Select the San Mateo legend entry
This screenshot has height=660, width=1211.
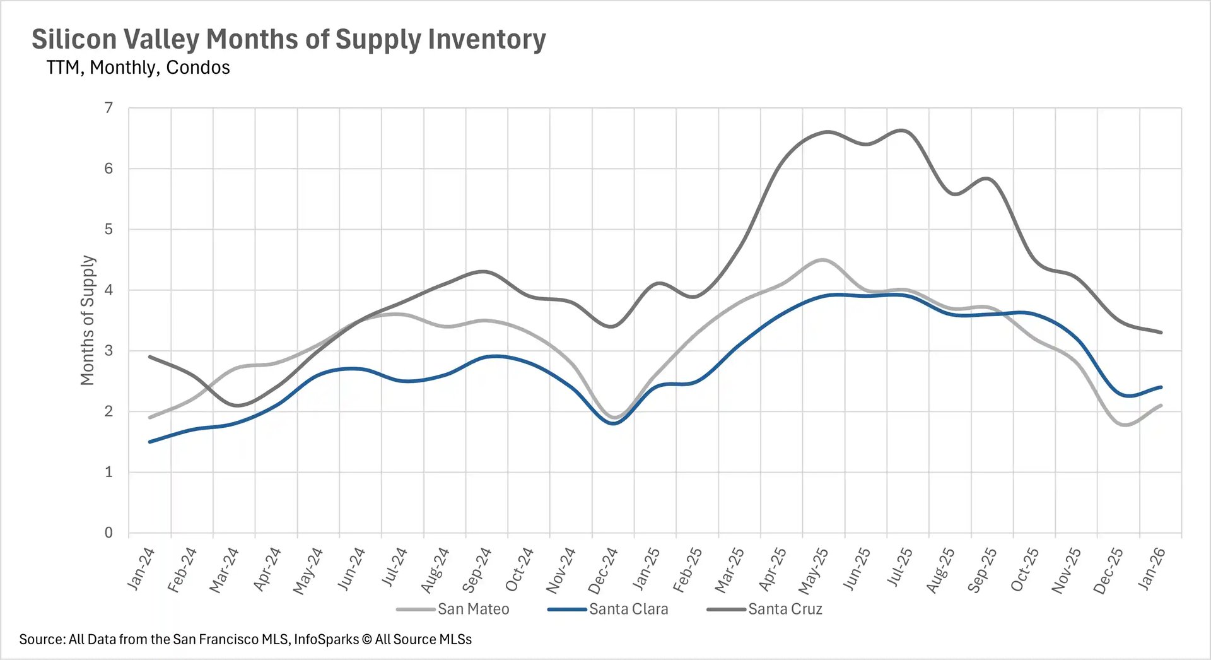coord(473,609)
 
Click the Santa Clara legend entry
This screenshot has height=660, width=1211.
coord(628,609)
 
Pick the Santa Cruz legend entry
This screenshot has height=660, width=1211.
coord(785,609)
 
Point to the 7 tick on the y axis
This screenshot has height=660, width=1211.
coord(108,108)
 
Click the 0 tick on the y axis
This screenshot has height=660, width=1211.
coord(108,533)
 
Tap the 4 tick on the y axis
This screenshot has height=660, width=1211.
coord(108,290)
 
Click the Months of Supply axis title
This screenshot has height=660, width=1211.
coord(87,320)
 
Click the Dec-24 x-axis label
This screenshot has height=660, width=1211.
coord(603,570)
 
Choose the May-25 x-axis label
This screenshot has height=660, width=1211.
coord(814,570)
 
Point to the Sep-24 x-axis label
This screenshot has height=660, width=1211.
coord(477,570)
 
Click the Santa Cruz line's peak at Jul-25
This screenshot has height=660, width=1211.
coord(902,131)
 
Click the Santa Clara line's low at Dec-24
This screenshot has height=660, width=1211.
coord(614,423)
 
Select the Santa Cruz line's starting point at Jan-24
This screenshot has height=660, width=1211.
coord(150,357)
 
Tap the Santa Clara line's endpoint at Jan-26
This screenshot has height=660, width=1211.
coord(1161,387)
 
